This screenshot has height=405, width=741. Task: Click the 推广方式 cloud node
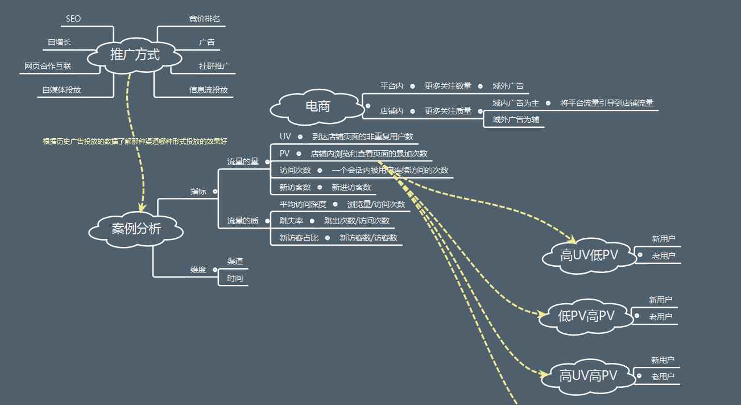coord(135,55)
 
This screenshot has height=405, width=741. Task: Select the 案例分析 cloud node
coord(136,229)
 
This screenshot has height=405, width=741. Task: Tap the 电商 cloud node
coord(317,106)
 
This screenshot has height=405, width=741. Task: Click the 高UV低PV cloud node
coord(589,255)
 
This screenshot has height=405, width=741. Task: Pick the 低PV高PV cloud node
coord(586,316)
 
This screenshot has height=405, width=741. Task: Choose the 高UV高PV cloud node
coord(588,375)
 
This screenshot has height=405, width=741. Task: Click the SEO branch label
coord(73,19)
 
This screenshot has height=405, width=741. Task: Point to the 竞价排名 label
coord(204,19)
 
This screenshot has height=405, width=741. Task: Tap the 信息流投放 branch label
coord(208,90)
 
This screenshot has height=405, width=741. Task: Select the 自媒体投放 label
coord(61,90)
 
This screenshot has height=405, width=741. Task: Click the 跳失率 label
coord(291,221)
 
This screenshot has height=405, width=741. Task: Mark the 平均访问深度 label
coord(303,204)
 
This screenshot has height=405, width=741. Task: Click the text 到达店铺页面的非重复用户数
coord(363,137)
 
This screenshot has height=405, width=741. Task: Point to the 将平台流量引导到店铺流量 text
coord(606,103)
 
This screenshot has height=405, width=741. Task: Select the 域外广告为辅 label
coord(516,119)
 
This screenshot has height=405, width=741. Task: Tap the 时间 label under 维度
coord(235,278)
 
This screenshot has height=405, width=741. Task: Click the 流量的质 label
coord(243,221)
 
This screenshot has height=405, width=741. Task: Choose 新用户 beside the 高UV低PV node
coord(664,239)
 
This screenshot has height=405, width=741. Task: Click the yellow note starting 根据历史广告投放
coord(135,141)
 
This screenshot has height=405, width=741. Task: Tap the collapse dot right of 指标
coord(215,192)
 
